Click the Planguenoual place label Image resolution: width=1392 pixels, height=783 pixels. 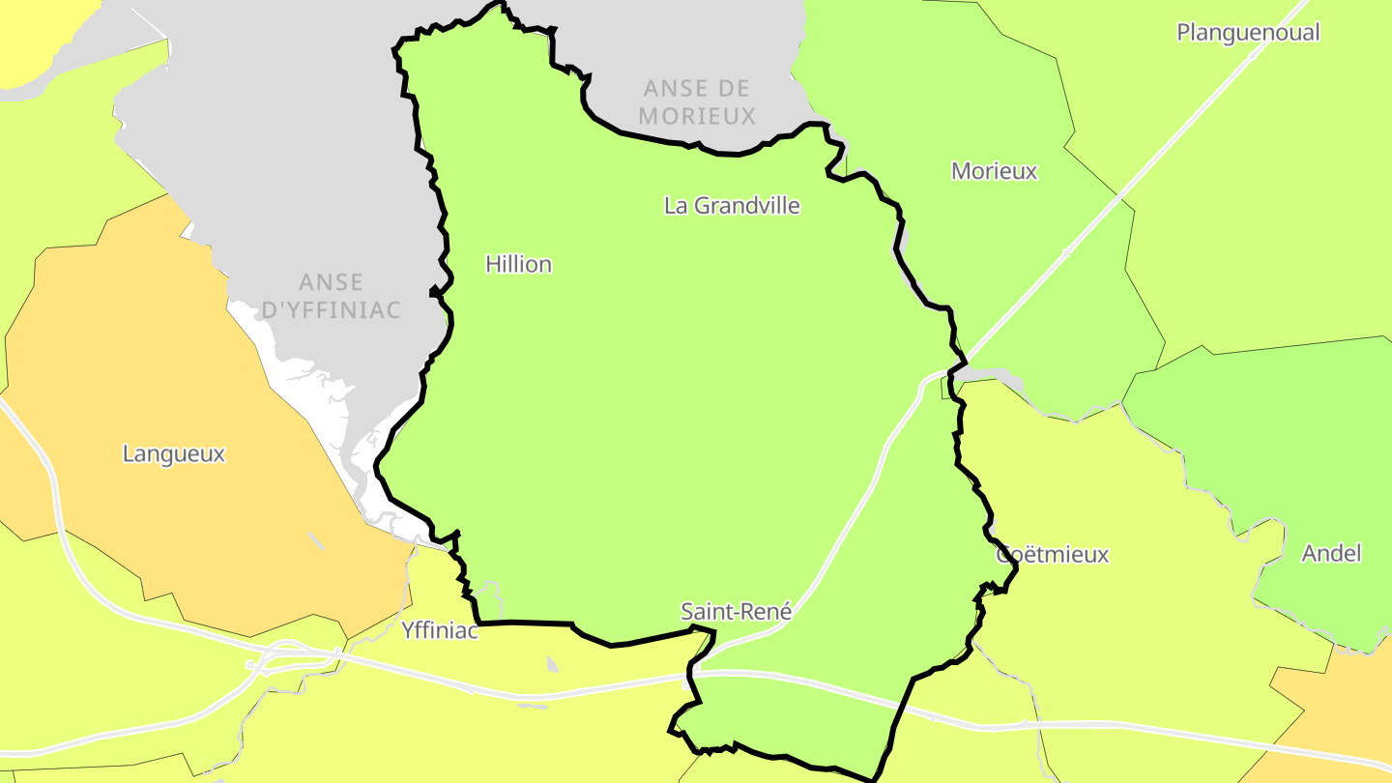(1247, 33)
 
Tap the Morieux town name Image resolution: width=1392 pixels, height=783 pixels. (994, 172)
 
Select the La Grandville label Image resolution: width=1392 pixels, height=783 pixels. (732, 206)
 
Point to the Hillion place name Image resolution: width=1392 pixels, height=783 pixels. (518, 265)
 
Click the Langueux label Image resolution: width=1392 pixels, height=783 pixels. (174, 454)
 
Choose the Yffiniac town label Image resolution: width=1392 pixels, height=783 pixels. (439, 632)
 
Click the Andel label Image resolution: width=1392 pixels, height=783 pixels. (1331, 554)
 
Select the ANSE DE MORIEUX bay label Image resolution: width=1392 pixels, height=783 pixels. (697, 102)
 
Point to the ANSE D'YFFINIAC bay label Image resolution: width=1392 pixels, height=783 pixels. (331, 297)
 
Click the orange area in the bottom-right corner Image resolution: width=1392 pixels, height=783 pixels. (1344, 706)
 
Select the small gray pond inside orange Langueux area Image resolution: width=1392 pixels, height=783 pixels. (316, 540)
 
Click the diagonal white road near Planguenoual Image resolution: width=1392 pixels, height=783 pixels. (1160, 155)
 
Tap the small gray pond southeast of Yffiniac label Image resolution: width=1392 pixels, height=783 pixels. (552, 665)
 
